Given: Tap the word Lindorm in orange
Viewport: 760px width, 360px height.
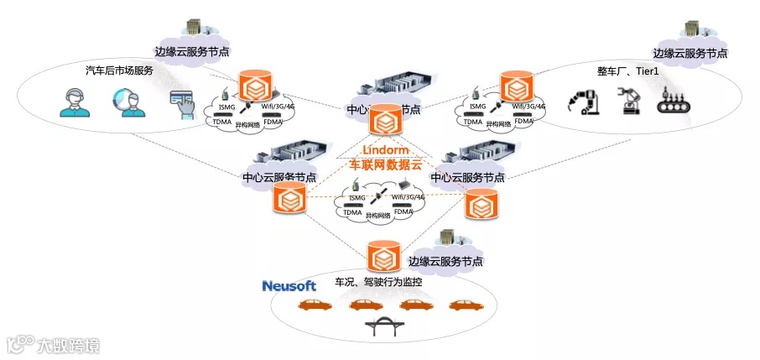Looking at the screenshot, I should (385, 150).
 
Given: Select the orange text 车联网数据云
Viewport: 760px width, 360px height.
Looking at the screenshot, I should (384, 165).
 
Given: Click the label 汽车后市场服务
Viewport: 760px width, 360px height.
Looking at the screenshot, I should (119, 70).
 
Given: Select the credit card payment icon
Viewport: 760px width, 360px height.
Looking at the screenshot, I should (181, 104).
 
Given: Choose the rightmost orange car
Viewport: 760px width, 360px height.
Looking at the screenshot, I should (463, 305).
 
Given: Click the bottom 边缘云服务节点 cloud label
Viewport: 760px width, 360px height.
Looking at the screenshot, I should (445, 261).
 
